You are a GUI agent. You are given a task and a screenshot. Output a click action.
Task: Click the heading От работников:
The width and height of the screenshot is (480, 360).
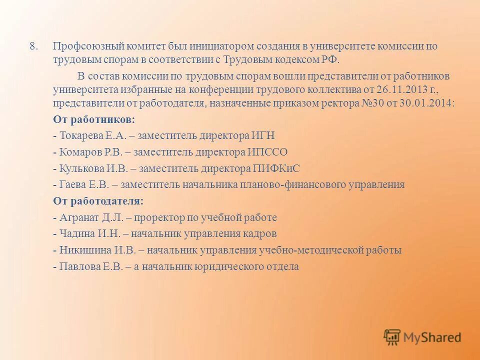[x=94, y=120]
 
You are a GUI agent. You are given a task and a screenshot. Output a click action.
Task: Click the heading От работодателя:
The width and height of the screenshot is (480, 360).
[x=98, y=201]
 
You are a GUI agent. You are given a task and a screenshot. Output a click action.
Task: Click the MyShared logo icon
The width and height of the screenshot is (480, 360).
[x=392, y=337]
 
